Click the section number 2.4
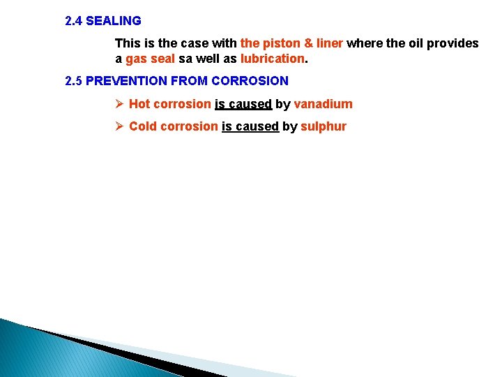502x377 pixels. (73, 21)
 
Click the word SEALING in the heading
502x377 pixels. (113, 21)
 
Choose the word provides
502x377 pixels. (452, 43)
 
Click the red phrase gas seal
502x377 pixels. (150, 59)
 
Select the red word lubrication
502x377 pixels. (273, 59)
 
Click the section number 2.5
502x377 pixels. (73, 81)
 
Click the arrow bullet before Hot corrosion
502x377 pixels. (119, 104)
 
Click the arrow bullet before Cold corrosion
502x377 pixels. (119, 126)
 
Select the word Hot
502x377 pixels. (139, 104)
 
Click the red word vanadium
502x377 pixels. (323, 104)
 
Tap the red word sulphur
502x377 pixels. (323, 126)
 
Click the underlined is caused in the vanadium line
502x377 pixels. (243, 104)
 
